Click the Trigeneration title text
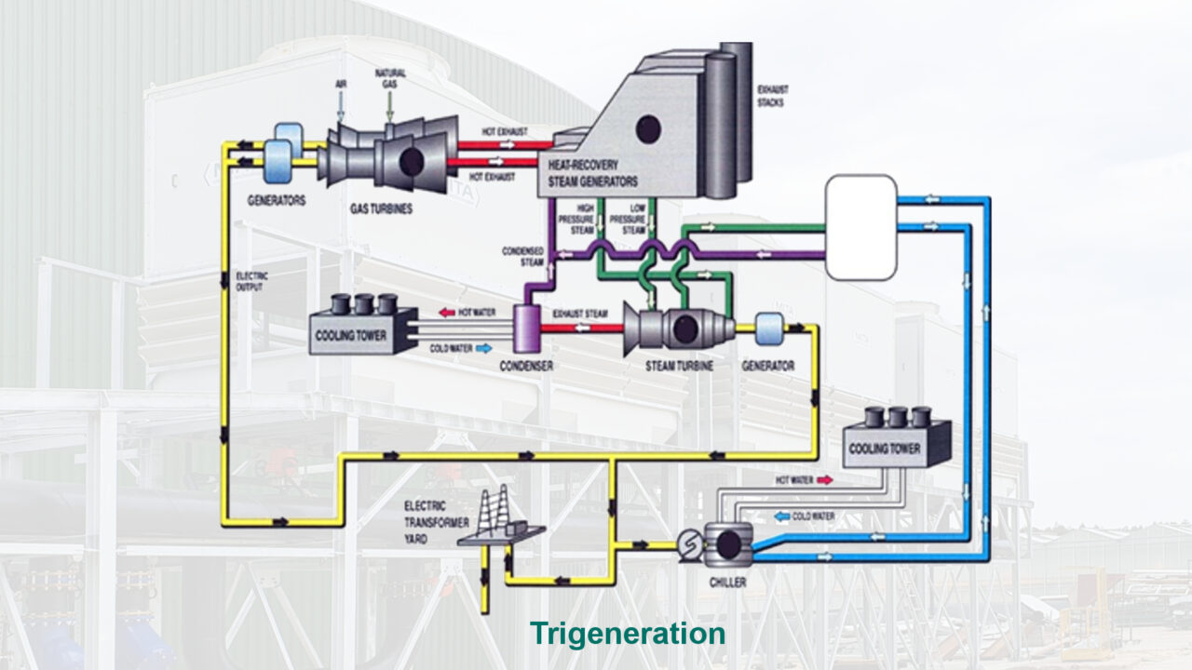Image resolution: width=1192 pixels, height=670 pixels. (x=628, y=634)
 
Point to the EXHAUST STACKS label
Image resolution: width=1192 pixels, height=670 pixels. (x=770, y=96)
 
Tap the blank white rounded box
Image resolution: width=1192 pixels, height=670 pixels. (x=861, y=227)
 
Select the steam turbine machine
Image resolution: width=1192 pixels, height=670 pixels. (x=677, y=328)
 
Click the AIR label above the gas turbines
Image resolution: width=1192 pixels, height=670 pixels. (x=342, y=83)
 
